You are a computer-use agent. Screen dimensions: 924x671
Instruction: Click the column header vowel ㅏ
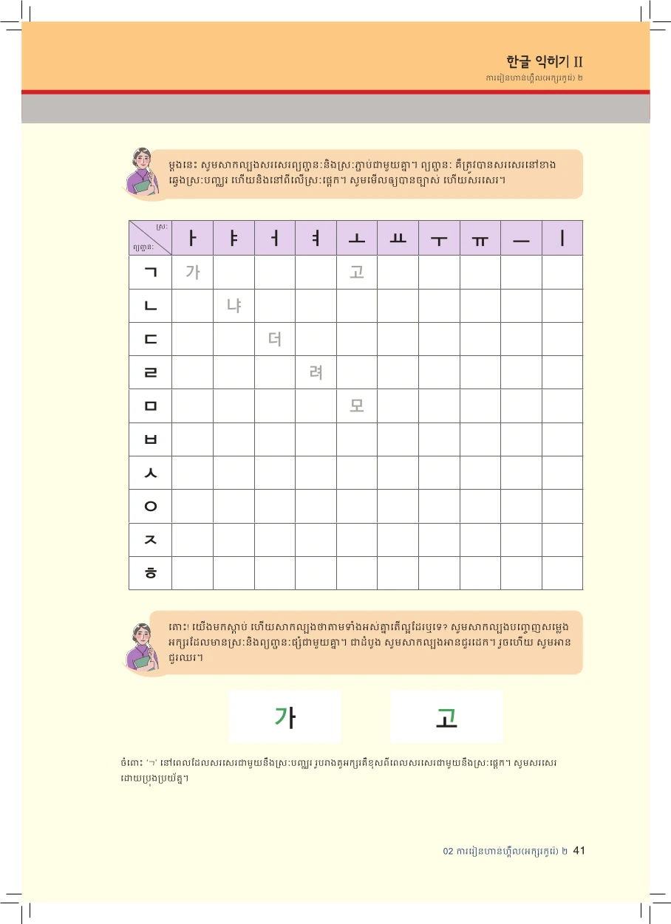192,239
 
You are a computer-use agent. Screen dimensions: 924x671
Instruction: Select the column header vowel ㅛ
398,239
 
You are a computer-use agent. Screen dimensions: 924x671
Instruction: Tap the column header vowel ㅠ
480,239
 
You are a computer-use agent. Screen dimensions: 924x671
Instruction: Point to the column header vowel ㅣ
562,239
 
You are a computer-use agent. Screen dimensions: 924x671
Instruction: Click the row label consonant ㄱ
151,272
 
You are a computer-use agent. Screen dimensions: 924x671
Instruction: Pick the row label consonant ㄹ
151,372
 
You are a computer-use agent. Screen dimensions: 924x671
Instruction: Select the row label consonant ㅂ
151,439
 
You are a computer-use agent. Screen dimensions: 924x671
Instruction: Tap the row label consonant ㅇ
151,507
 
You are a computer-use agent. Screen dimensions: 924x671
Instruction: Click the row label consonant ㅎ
151,573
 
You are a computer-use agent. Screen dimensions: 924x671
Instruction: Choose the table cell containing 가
192,272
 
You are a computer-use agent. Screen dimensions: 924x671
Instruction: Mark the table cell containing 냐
234,305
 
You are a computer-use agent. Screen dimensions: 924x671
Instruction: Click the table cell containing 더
275,339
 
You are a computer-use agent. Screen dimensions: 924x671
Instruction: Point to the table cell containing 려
316,372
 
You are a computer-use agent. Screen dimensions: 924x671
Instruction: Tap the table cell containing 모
357,405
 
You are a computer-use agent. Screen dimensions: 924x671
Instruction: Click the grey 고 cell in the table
357,272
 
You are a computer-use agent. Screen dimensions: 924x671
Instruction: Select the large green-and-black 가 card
285,716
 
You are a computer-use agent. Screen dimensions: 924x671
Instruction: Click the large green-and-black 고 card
446,716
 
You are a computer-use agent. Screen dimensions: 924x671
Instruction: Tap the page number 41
579,850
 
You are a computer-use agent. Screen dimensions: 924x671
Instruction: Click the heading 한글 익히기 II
546,61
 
